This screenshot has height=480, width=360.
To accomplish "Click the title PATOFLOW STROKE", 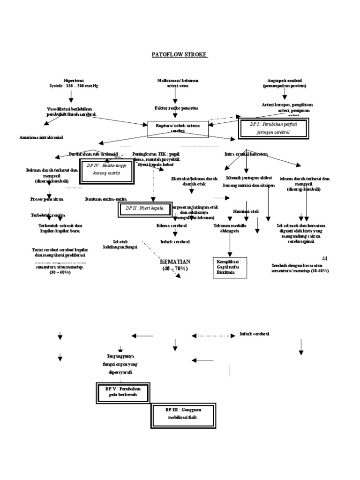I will coord(180,55).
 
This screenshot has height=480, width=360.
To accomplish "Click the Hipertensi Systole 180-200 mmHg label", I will coord(71,83).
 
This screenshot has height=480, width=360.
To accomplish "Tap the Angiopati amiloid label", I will coord(284,83).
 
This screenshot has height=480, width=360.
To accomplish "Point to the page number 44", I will coord(325,259).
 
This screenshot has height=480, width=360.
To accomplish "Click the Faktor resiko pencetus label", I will coord(176,108).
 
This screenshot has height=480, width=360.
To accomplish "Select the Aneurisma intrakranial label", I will coord(41,137).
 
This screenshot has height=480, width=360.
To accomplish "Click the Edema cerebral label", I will coord(172,225).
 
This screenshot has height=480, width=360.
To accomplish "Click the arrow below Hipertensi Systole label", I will coord(71,96).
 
